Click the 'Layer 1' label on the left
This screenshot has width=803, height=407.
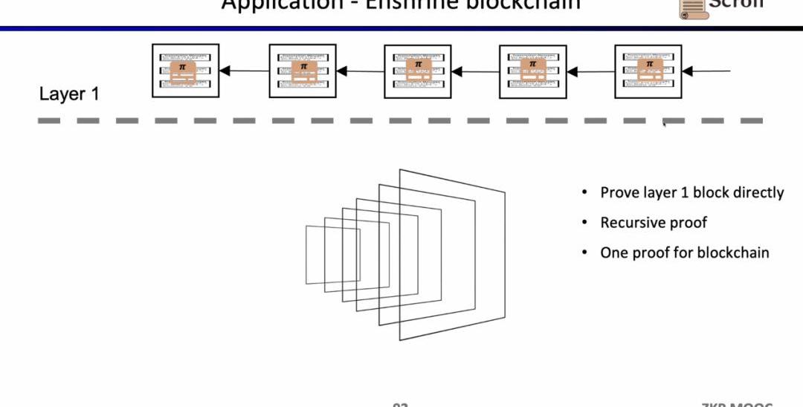(69, 94)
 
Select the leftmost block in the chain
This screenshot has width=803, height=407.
(185, 71)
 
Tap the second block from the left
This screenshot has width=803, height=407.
(303, 71)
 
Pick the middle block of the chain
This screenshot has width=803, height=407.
(418, 71)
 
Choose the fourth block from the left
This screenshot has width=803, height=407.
(532, 71)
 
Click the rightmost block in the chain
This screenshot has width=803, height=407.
(648, 71)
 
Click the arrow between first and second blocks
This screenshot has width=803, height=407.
(244, 71)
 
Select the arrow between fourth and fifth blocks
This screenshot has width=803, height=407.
(590, 71)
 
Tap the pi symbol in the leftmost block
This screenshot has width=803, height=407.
(182, 67)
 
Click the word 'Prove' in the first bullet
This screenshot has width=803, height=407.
(619, 193)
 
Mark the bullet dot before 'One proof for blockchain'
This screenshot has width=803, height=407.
(585, 253)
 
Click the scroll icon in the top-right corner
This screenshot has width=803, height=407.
(691, 7)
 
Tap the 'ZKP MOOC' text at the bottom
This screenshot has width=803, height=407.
(736, 403)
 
